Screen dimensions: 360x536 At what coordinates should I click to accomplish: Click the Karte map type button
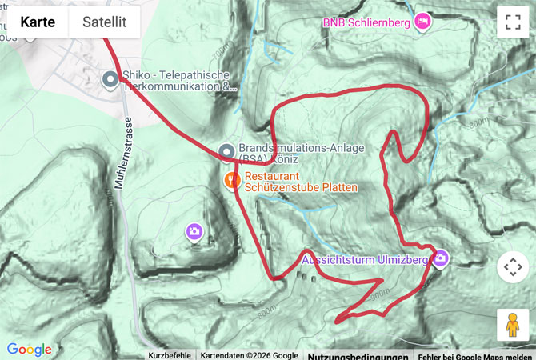pyautogui.click(x=38, y=22)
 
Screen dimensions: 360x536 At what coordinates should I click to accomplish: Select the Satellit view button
pyautogui.click(x=104, y=22)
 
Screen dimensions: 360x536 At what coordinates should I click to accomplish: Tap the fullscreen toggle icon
pyautogui.click(x=513, y=22)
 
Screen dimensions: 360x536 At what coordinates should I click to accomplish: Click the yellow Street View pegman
pyautogui.click(x=513, y=325)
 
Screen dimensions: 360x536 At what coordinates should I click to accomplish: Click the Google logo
pyautogui.click(x=30, y=350)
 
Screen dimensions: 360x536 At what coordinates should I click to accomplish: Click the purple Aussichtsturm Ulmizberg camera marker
pyautogui.click(x=440, y=258)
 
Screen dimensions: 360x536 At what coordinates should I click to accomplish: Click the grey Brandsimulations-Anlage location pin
pyautogui.click(x=226, y=150)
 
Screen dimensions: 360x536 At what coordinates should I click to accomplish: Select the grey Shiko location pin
pyautogui.click(x=110, y=78)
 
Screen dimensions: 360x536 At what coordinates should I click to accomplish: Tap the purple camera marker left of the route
pyautogui.click(x=194, y=232)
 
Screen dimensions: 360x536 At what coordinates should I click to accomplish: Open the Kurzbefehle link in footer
pyautogui.click(x=170, y=355)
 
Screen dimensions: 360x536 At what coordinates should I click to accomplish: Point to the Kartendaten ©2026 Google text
pyautogui.click(x=249, y=355)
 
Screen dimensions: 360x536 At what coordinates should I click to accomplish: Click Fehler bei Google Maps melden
pyautogui.click(x=475, y=355)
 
